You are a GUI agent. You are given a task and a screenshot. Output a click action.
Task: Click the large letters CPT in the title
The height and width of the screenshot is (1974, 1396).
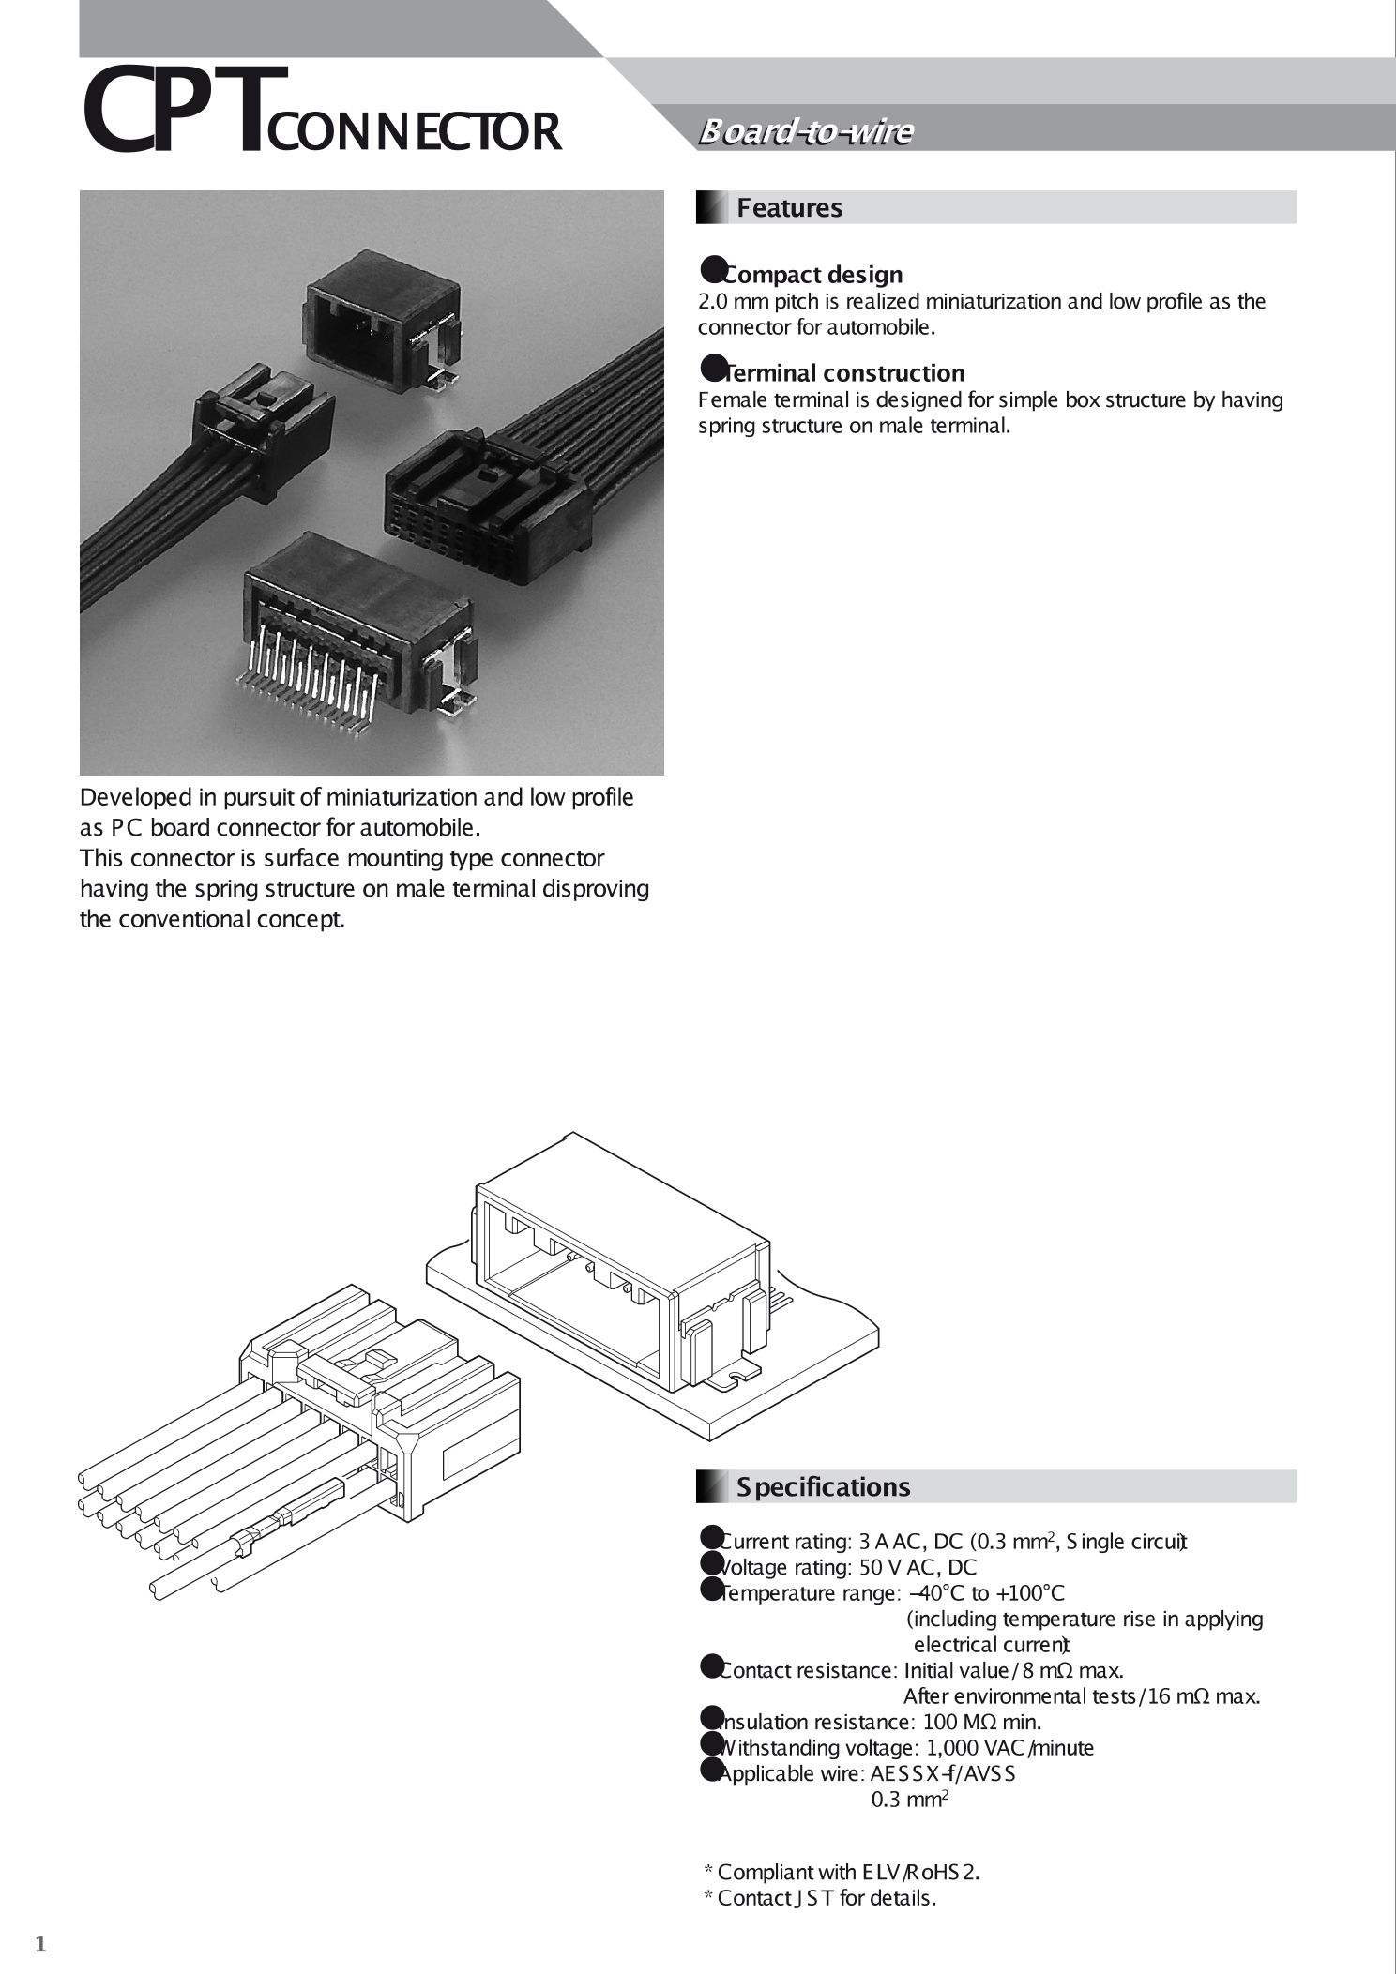178,111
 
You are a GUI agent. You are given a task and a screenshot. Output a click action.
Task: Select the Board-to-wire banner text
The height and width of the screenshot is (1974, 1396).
805,132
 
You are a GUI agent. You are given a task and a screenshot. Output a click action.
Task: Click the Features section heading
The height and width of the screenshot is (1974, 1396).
789,207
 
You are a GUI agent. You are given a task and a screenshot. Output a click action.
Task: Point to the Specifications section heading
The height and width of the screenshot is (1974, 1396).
822,1486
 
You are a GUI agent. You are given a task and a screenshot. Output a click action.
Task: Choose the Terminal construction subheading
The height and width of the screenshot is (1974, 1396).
844,372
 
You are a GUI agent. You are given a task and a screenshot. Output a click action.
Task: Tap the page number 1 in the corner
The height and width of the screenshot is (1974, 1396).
40,1944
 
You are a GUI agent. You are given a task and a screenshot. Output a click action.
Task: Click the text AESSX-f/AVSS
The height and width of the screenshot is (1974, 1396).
943,1773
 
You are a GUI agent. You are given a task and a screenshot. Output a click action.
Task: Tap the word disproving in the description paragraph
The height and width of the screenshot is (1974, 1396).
596,888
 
